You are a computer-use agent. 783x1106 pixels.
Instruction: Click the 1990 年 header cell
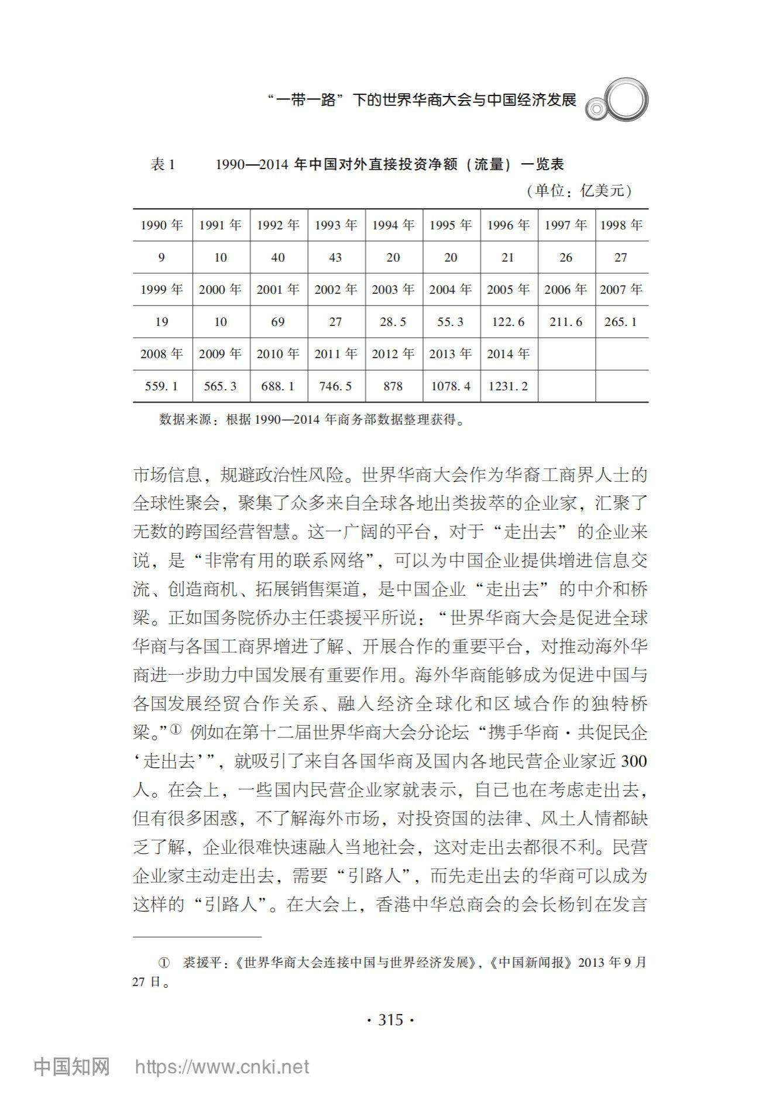[162, 225]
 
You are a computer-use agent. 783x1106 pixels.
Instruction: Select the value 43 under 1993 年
[335, 257]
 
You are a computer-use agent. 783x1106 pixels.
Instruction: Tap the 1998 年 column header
[621, 225]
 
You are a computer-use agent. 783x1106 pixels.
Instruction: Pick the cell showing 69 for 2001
[278, 322]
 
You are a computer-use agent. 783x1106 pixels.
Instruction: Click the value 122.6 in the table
[508, 322]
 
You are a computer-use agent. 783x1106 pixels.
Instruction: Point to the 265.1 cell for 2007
[621, 322]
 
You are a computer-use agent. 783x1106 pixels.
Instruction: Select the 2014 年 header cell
[508, 354]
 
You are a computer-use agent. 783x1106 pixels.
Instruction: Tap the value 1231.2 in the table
[508, 386]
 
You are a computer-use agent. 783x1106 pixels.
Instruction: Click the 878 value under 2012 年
[393, 386]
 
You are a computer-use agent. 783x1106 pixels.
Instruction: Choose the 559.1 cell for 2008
[162, 386]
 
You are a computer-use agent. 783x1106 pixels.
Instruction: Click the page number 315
[390, 1020]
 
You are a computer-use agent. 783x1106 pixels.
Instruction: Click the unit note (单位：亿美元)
[579, 191]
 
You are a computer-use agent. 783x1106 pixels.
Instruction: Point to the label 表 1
[163, 165]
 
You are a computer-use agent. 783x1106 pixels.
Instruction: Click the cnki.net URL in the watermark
[222, 1067]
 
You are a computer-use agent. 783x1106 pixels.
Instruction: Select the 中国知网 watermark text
[72, 1067]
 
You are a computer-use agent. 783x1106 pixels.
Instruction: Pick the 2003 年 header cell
[393, 290]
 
